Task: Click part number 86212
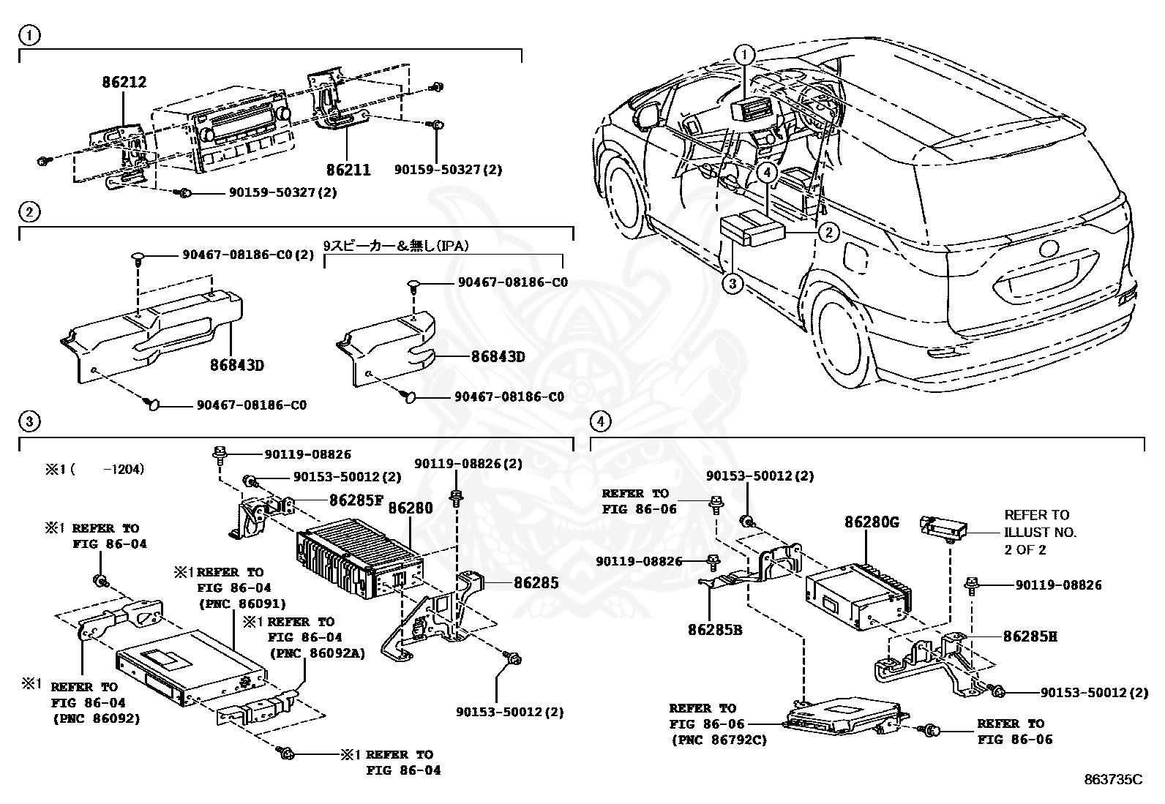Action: [124, 83]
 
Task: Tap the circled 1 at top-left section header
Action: [29, 34]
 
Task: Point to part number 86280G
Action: [872, 522]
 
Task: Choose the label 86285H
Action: [1030, 636]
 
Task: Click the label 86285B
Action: [714, 629]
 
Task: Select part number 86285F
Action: [356, 500]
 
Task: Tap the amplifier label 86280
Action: [411, 508]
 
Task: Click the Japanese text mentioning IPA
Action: [396, 247]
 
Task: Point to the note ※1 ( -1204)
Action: [95, 469]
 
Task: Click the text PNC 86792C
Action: [718, 740]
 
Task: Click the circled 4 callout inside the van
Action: [766, 173]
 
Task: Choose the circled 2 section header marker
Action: [29, 213]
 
